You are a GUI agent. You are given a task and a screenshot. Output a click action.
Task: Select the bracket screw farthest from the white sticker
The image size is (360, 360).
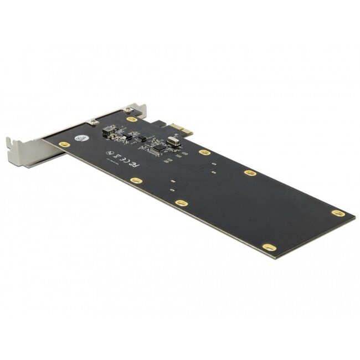(x=130, y=110)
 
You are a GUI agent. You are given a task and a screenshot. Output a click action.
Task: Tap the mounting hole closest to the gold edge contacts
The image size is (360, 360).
(x=132, y=119)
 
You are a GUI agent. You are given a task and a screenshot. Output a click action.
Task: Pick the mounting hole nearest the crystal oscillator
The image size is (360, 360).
(x=204, y=151)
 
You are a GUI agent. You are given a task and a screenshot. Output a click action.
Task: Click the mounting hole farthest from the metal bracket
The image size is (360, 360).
(x=335, y=212)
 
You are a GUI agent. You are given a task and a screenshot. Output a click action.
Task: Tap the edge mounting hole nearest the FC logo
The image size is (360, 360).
(x=135, y=180)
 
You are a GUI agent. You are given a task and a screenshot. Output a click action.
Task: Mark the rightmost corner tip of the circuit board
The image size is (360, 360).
(x=355, y=216)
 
